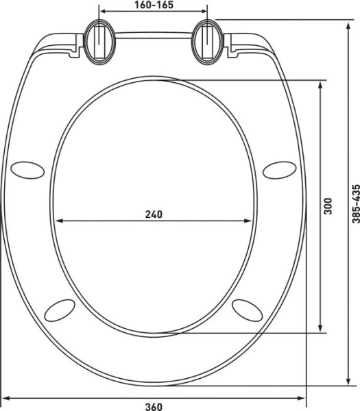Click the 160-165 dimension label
tap(154, 5)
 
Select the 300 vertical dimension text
tap(328, 206)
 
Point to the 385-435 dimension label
tap(355, 203)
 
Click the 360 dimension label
tap(154, 407)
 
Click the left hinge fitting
tap(99, 42)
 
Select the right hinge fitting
tap(208, 42)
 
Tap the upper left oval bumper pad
tap(27, 170)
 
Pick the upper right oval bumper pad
tap(280, 170)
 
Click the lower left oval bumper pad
tap(60, 310)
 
